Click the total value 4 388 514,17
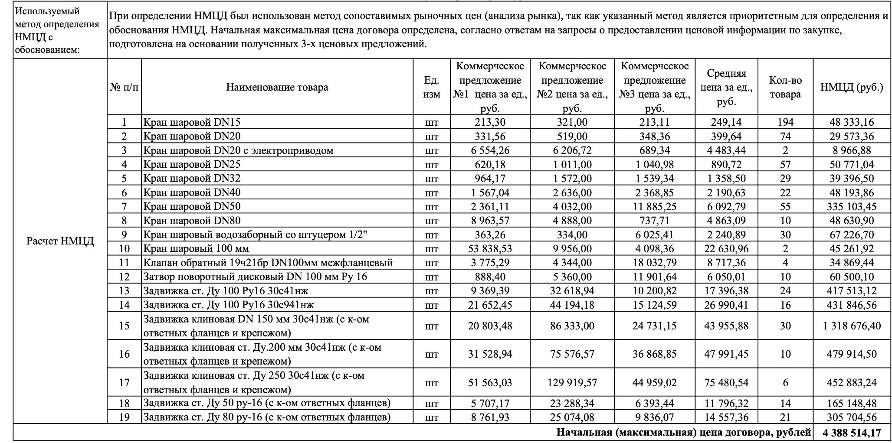click(x=852, y=433)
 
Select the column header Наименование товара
click(x=277, y=87)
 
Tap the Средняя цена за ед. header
click(x=726, y=87)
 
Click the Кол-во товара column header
click(x=785, y=87)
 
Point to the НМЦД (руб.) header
click(x=851, y=87)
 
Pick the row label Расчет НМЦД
click(x=60, y=241)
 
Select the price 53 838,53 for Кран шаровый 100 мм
click(x=490, y=249)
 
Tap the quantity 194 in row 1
click(x=785, y=122)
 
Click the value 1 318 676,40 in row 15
click(x=852, y=326)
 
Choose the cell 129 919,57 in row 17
click(x=572, y=383)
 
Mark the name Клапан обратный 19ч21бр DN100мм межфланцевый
click(x=268, y=263)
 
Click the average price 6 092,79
click(x=726, y=207)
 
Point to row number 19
click(x=124, y=417)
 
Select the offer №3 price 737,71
click(x=654, y=221)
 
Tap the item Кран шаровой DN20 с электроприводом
click(x=238, y=150)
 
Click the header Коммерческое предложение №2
click(x=572, y=87)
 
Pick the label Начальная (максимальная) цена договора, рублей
click(x=683, y=433)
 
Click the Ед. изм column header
click(x=431, y=87)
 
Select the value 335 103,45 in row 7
click(x=852, y=207)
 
